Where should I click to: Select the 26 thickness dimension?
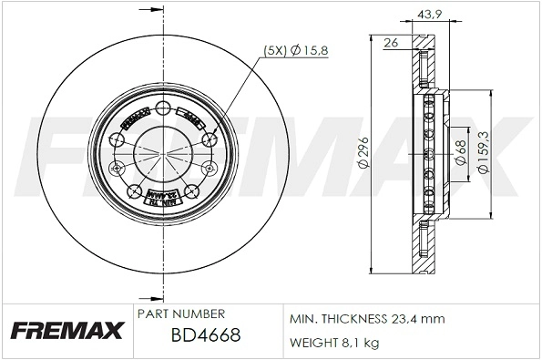tap(391, 42)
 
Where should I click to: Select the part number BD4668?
tap(205, 335)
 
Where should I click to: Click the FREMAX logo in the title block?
tap(65, 330)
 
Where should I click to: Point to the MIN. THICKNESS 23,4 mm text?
tap(366, 320)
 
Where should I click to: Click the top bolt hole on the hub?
tap(163, 109)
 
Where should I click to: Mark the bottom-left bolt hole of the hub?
tap(136, 191)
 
